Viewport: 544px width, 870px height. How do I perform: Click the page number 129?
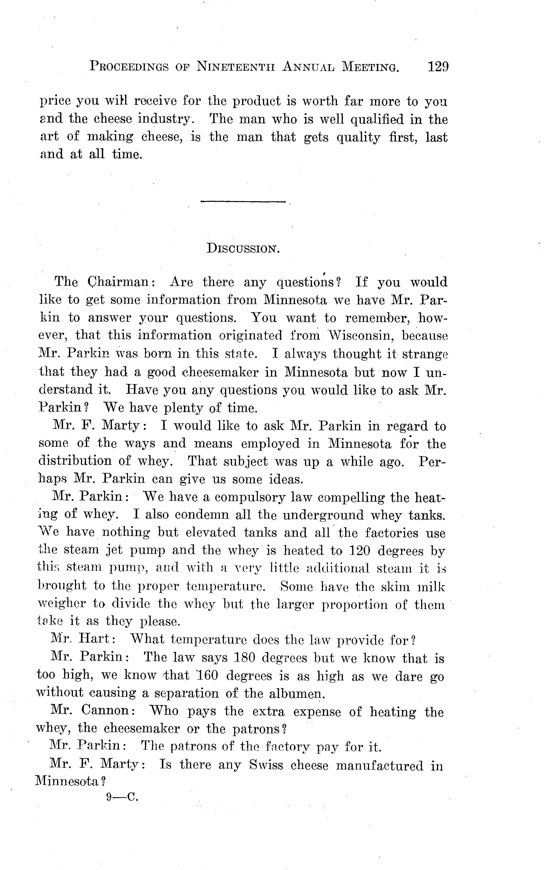click(438, 67)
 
